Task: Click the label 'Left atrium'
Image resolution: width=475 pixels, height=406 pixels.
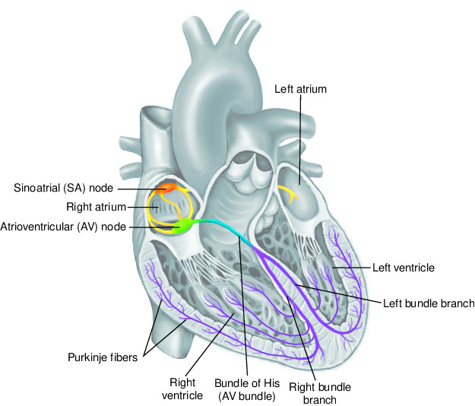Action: point(300,89)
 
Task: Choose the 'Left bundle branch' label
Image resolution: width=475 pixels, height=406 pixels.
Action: point(427,303)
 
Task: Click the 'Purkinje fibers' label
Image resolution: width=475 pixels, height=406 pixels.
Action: point(101,355)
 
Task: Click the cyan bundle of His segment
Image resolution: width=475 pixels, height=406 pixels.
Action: point(224,225)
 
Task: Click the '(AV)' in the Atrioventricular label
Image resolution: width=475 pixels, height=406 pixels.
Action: point(90,226)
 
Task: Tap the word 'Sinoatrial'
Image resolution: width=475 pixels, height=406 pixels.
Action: point(36,187)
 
